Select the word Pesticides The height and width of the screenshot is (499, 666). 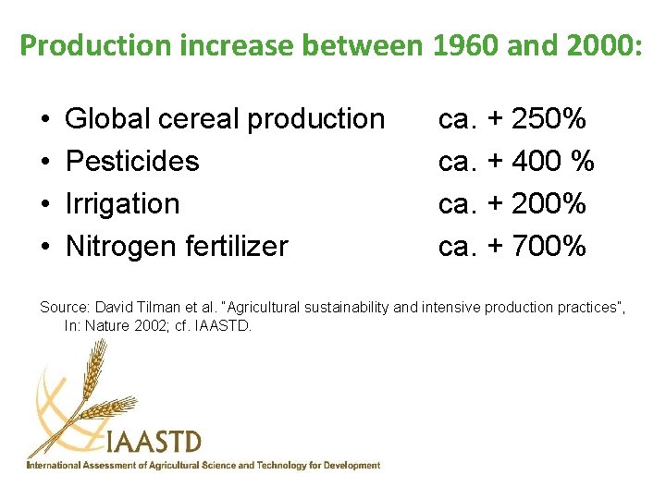[x=132, y=162]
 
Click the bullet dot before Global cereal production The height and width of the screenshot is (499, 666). [x=45, y=120]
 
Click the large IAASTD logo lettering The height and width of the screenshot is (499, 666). [x=154, y=442]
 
